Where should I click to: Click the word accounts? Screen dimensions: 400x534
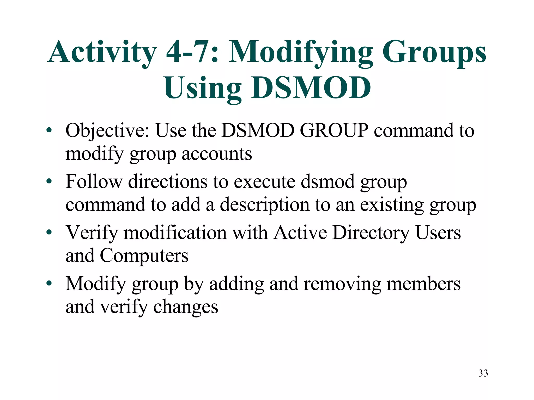pos(217,154)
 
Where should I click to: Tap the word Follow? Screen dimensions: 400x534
pos(94,181)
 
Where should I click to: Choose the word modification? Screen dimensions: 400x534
pos(175,232)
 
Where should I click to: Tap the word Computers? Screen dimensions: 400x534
pos(144,256)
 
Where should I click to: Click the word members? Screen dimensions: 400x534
pos(423,284)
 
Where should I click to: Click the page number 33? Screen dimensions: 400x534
pos(483,373)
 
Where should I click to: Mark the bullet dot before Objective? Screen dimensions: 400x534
pos(49,130)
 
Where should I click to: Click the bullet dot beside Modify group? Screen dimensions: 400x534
pos(49,283)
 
